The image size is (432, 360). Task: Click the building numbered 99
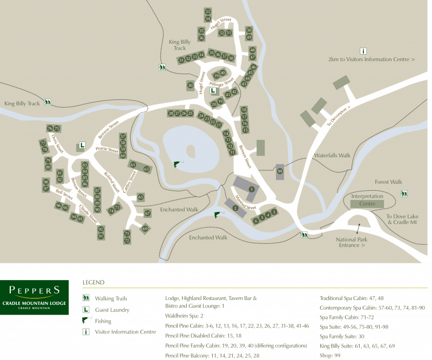[280, 171]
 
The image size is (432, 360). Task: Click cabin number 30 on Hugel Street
[190, 85]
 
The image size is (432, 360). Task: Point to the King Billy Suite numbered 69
[145, 229]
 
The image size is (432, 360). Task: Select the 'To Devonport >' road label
[339, 115]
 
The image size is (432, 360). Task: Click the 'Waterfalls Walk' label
[332, 155]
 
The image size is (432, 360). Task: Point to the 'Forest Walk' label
[389, 182]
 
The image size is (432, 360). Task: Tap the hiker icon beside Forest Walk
[404, 194]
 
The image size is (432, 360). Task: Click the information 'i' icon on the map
[363, 51]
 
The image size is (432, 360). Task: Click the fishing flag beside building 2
[218, 215]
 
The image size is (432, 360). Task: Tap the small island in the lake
[191, 151]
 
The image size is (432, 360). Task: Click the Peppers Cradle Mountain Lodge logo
[35, 297]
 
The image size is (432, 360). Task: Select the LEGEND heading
[93, 282]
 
